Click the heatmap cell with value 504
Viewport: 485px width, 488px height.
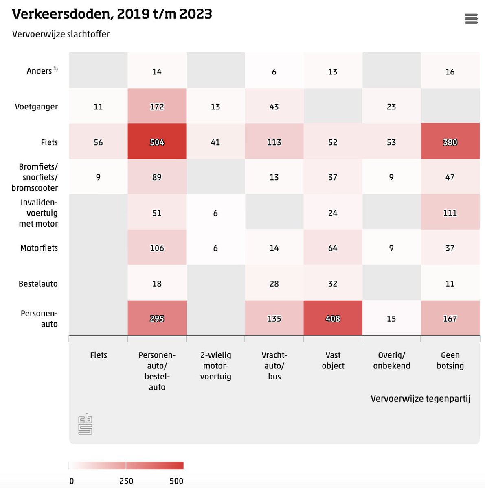click(x=157, y=142)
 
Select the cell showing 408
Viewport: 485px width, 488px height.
click(x=333, y=318)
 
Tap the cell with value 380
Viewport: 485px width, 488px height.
click(x=450, y=142)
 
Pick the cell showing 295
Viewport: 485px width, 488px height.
click(x=157, y=318)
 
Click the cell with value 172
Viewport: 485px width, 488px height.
click(x=157, y=106)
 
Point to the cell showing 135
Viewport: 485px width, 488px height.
click(x=274, y=318)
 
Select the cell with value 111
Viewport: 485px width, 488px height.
click(x=450, y=212)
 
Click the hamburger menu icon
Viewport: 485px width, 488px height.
click(x=471, y=19)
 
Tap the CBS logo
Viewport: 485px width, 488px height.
click(x=85, y=424)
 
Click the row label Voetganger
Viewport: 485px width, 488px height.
click(x=36, y=107)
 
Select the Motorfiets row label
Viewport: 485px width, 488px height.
click(x=39, y=248)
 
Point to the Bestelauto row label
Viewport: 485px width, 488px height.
click(x=38, y=284)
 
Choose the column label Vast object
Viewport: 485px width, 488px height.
click(x=333, y=360)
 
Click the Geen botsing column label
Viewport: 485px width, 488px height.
click(x=450, y=360)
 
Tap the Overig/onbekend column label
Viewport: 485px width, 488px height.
click(x=391, y=360)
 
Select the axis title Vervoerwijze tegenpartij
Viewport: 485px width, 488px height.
click(x=420, y=399)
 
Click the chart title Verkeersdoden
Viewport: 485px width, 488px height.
click(x=112, y=14)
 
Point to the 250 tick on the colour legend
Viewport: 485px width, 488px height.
click(x=126, y=481)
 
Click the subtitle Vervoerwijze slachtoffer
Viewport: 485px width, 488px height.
click(x=61, y=34)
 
